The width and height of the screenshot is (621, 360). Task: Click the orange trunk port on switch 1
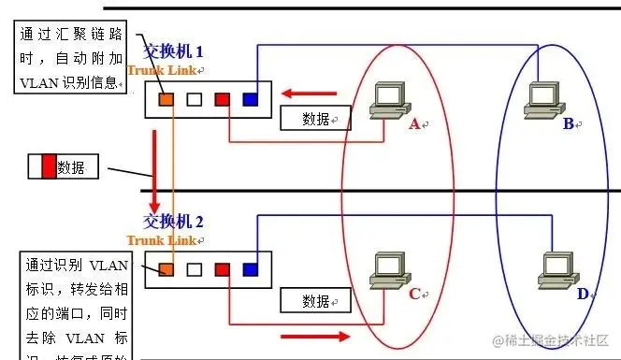165,98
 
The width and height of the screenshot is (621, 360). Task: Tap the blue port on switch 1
250,98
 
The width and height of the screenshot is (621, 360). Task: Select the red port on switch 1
222,98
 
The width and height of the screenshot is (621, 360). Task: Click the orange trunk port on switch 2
165,270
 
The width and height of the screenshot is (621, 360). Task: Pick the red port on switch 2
222,270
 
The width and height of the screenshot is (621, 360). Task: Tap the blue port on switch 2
250,270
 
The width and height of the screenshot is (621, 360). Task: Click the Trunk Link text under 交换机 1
163,70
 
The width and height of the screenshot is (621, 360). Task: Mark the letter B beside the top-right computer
568,122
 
